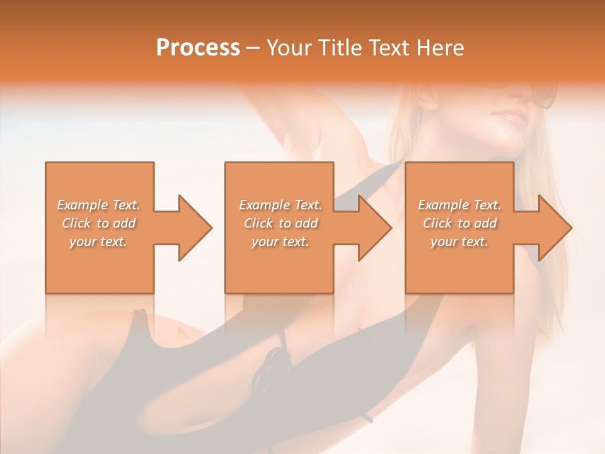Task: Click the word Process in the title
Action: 198,48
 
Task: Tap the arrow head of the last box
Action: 555,228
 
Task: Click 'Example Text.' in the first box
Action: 98,205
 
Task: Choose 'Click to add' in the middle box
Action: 280,223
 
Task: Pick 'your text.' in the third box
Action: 459,242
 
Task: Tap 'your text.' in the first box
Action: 98,242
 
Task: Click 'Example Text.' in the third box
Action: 459,205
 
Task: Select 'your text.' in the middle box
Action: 280,242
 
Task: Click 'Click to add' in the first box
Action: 98,223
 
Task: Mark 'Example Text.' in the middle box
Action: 280,205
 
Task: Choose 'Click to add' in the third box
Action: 459,223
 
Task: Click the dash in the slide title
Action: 253,49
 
